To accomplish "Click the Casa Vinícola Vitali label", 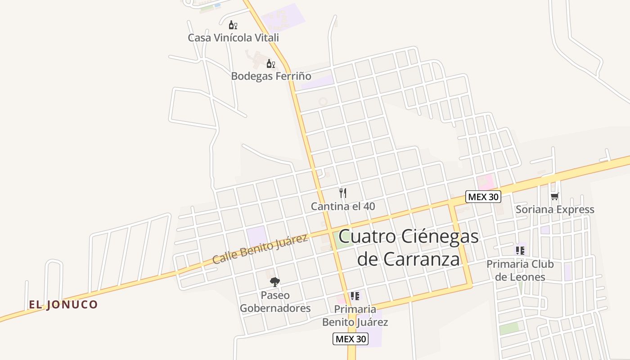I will click(x=233, y=38).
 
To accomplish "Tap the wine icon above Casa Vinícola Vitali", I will click(x=233, y=25).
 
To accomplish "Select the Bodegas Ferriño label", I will click(x=271, y=76).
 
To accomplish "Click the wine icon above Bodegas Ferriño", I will click(x=270, y=64).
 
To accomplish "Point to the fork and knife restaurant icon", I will click(x=343, y=193).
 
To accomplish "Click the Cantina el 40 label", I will click(x=343, y=207).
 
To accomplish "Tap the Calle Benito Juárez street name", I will click(x=260, y=249).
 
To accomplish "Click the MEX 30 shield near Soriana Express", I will click(x=483, y=197).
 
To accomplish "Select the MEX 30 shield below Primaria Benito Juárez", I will click(x=350, y=339).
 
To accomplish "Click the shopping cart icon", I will click(x=554, y=196).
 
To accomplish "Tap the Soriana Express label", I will click(x=555, y=210).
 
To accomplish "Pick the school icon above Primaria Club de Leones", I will click(x=520, y=250).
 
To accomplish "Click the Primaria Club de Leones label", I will click(x=520, y=270).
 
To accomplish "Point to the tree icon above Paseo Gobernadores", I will click(x=274, y=282).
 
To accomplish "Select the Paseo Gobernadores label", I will click(x=275, y=302).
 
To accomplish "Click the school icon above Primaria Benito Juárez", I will click(x=355, y=296).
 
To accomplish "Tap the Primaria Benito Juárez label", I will click(x=355, y=316).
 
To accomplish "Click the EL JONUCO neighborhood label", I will click(x=63, y=305).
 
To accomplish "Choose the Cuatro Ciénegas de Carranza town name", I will click(x=408, y=247).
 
